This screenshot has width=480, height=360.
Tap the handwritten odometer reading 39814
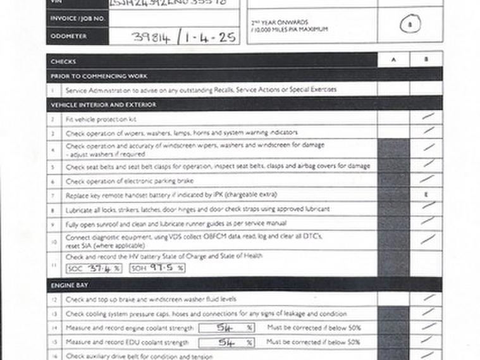(150, 37)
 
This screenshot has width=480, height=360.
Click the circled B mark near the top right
(412, 25)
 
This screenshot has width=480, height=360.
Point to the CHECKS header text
(63, 61)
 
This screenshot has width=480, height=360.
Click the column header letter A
(393, 61)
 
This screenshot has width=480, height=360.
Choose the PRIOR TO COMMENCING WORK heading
(99, 76)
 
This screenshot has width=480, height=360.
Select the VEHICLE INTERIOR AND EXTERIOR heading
(103, 104)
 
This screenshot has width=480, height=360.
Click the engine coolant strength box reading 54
(226, 328)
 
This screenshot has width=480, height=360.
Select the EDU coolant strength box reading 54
(226, 343)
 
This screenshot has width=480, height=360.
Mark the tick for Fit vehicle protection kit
(428, 117)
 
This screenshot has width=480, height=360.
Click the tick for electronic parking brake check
(428, 179)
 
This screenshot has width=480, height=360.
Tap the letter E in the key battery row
(426, 194)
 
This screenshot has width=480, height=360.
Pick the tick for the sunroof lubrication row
(428, 221)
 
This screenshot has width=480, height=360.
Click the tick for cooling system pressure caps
(428, 312)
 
